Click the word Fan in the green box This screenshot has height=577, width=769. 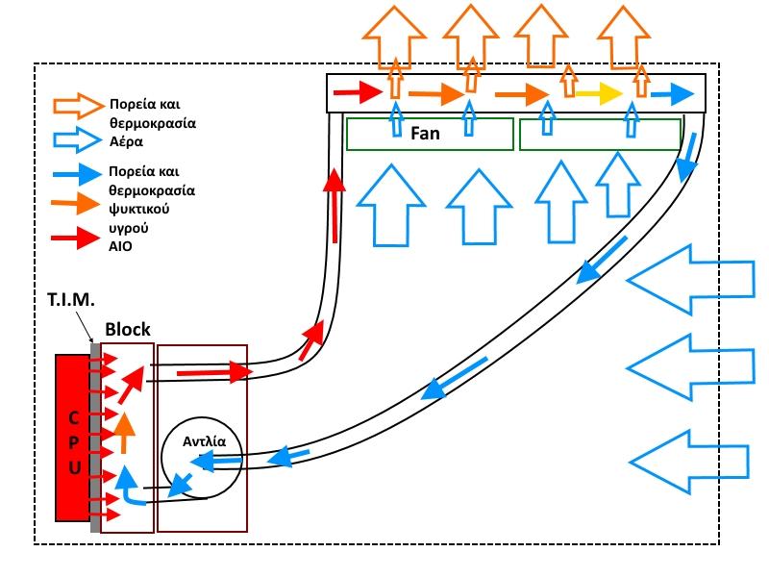[x=425, y=134]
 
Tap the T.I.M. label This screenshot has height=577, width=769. [x=72, y=301]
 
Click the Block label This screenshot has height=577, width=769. [x=128, y=329]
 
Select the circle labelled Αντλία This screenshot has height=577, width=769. [x=203, y=456]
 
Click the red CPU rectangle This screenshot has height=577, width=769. [x=72, y=442]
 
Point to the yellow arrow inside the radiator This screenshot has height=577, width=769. [x=600, y=93]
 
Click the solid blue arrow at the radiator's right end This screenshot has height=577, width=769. [x=672, y=94]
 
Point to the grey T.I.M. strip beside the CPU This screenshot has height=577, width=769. [x=95, y=442]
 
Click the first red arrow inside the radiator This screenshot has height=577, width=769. [x=358, y=93]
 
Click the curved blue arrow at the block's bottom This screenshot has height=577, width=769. [x=129, y=489]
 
